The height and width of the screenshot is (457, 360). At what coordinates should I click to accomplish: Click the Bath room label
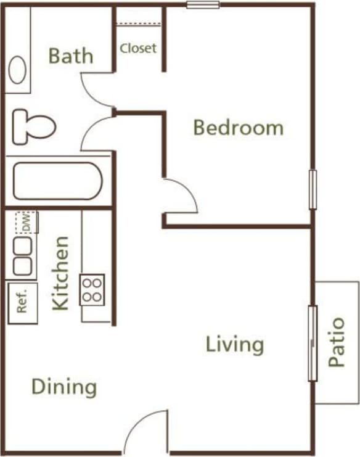click(71, 56)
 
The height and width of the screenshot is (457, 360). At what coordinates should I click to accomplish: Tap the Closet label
click(138, 48)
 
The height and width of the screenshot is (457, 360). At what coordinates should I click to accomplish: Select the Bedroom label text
click(238, 128)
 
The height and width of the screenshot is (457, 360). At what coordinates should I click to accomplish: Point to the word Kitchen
click(60, 273)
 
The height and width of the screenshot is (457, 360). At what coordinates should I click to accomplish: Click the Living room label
click(235, 344)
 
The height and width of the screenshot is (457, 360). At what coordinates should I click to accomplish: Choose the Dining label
click(64, 387)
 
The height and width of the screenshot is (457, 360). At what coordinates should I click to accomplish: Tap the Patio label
click(337, 342)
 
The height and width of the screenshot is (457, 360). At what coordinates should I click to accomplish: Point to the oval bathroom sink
click(17, 69)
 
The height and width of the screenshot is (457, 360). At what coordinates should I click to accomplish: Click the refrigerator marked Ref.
click(23, 303)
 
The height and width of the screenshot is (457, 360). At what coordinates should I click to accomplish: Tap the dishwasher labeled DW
click(27, 223)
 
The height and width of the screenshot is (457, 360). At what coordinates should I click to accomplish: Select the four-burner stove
click(92, 289)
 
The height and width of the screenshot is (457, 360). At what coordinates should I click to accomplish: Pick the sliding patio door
click(313, 343)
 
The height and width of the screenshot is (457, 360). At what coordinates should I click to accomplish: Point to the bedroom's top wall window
click(203, 6)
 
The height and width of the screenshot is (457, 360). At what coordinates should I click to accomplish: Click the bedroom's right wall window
click(313, 189)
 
